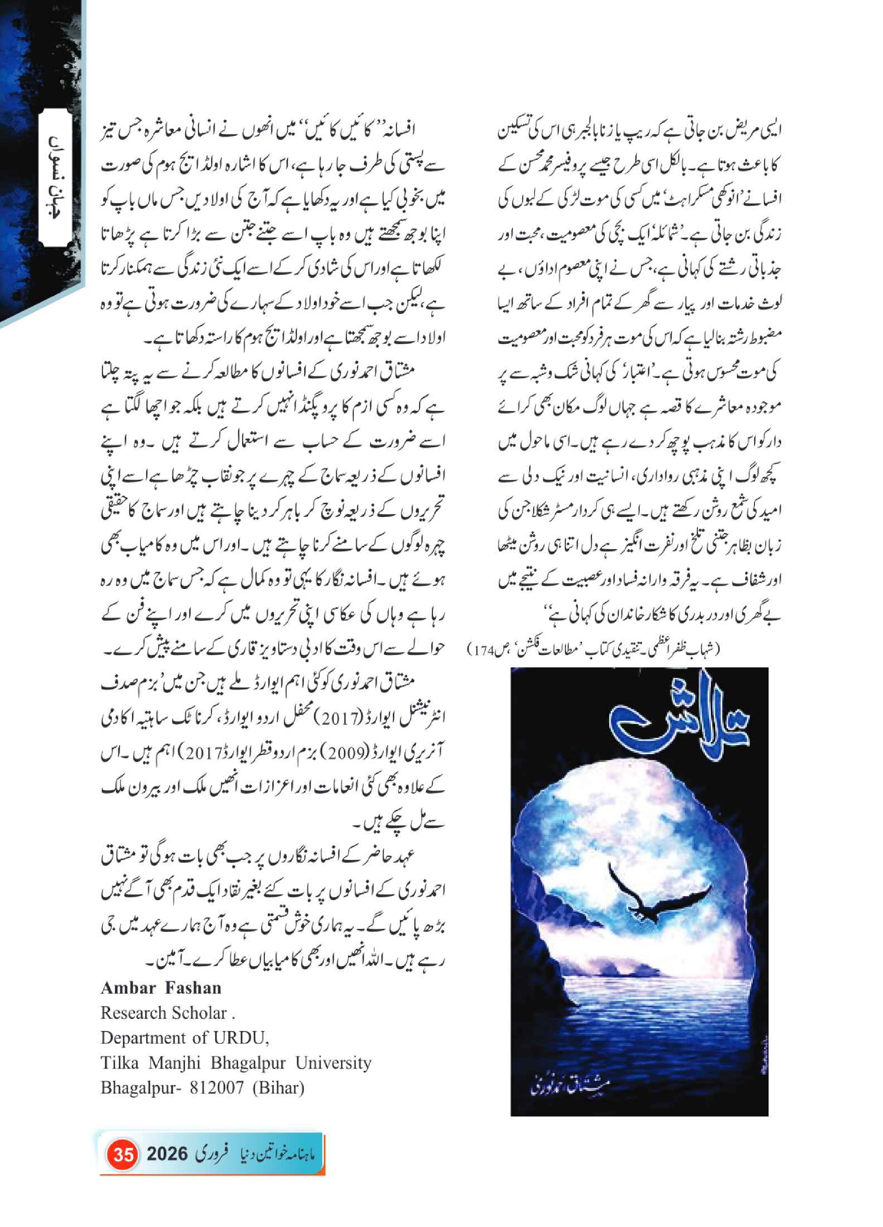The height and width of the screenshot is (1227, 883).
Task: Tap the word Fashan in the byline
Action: coord(193,989)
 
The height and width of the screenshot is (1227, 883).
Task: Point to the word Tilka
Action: coord(118,1063)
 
